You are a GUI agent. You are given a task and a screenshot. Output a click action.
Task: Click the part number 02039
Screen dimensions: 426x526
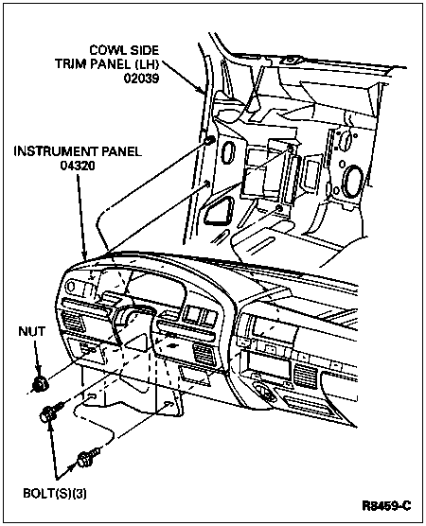(141, 79)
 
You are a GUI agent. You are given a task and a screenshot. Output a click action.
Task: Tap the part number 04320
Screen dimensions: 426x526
(78, 166)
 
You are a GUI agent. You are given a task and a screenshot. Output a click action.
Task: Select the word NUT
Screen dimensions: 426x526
(31, 331)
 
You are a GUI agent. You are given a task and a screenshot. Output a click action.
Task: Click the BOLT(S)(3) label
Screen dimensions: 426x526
(55, 494)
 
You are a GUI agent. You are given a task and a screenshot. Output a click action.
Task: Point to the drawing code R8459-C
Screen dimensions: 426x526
(386, 505)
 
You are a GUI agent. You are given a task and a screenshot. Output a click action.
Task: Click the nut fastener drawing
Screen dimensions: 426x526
(40, 384)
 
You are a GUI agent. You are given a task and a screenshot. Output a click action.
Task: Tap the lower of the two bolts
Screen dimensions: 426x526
(88, 457)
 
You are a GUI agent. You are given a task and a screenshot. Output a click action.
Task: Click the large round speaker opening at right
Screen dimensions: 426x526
(352, 181)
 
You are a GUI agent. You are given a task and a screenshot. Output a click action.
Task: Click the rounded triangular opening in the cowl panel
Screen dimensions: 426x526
(220, 211)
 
